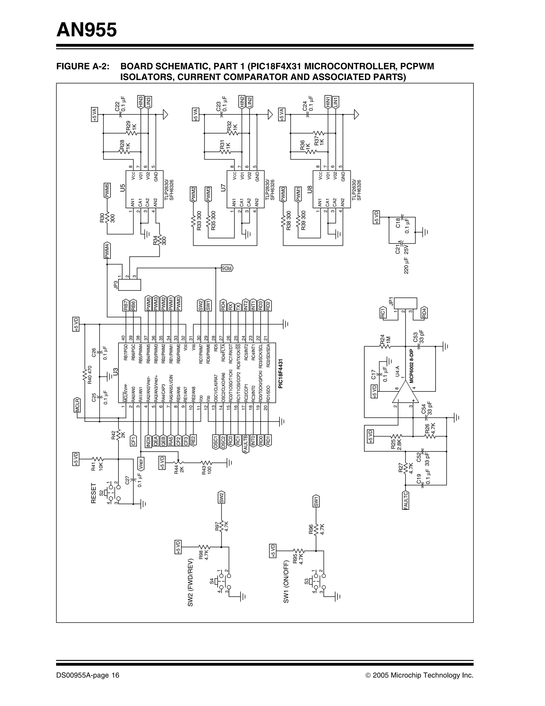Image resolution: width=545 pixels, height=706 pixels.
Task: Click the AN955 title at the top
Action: [x=86, y=30]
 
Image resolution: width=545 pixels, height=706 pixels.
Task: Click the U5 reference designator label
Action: [x=122, y=188]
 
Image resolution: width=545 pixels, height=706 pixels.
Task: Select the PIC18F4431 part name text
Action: [x=280, y=373]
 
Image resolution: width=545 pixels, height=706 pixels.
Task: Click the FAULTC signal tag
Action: [x=406, y=500]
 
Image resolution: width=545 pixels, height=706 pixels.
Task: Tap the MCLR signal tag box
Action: [x=77, y=405]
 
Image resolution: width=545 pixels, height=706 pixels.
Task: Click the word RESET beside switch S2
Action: [x=94, y=493]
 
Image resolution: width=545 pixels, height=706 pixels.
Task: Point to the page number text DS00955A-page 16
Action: [x=88, y=675]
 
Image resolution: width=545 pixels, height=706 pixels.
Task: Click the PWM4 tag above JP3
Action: [x=107, y=251]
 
